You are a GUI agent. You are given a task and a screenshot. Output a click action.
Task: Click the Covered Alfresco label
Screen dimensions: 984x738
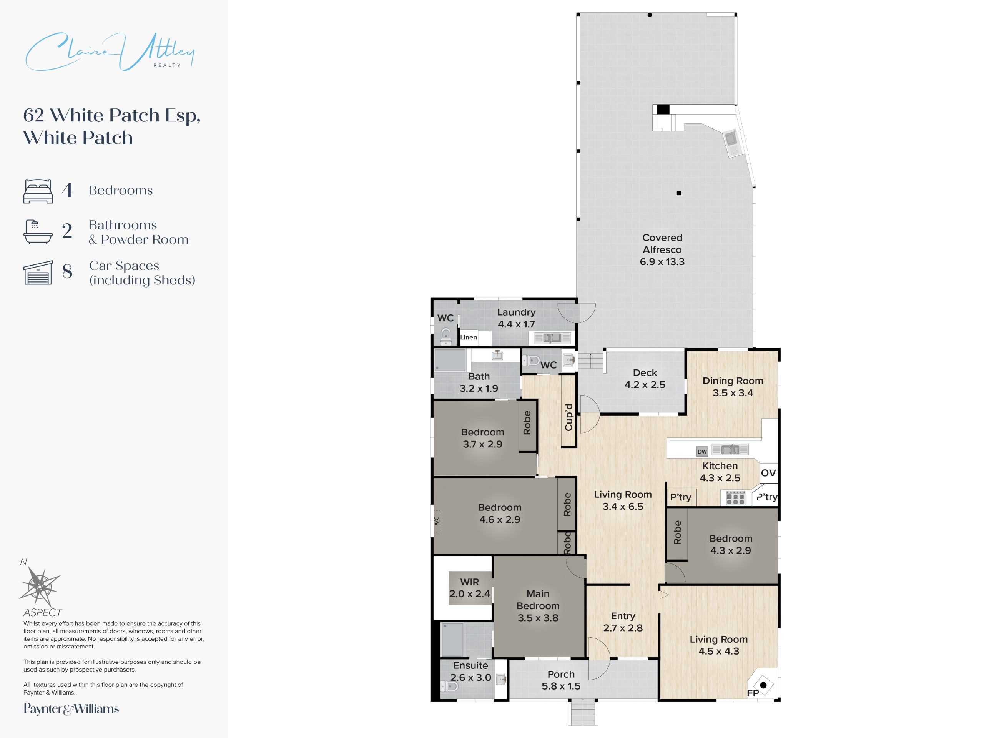pos(662,249)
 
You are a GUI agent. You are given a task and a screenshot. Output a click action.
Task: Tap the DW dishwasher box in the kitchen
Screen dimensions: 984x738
pos(702,452)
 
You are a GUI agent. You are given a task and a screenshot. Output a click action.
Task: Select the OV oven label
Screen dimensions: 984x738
pos(768,473)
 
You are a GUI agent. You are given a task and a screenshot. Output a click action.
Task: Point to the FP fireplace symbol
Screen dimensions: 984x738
pos(763,685)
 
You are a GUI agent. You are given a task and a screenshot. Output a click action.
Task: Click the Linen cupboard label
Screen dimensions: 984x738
pos(469,337)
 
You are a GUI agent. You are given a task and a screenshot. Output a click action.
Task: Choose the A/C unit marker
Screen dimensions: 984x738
pos(436,521)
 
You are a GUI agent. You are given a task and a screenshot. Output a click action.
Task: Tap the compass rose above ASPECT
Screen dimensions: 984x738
pos(40,586)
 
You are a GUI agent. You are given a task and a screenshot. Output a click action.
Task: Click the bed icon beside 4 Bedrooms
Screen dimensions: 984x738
pos(38,191)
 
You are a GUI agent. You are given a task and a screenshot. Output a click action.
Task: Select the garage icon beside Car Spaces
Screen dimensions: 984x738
pos(38,272)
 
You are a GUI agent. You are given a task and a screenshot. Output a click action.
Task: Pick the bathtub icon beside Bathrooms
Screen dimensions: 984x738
pos(38,231)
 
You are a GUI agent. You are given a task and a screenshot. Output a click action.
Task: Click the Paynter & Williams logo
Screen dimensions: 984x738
pos(71,709)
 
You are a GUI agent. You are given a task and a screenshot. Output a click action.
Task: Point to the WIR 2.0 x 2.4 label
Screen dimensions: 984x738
pos(470,588)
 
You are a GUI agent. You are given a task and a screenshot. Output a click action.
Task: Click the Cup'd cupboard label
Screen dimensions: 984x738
pos(568,417)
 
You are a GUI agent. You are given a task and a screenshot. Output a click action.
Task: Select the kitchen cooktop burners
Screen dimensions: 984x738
pos(735,498)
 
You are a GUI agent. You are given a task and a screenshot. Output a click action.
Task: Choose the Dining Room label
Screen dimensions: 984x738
pos(733,381)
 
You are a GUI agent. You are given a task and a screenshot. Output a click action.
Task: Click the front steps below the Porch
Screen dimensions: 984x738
pos(583,712)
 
